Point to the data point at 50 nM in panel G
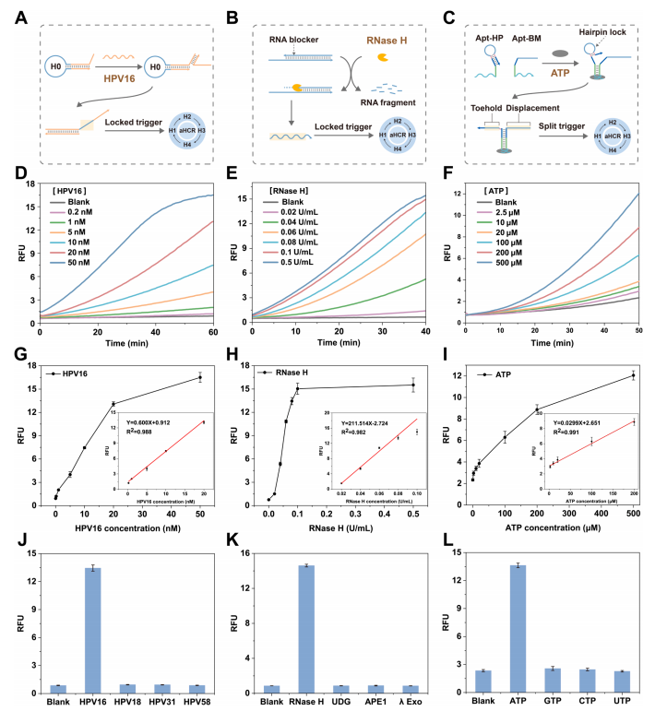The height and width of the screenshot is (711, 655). tap(199, 377)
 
